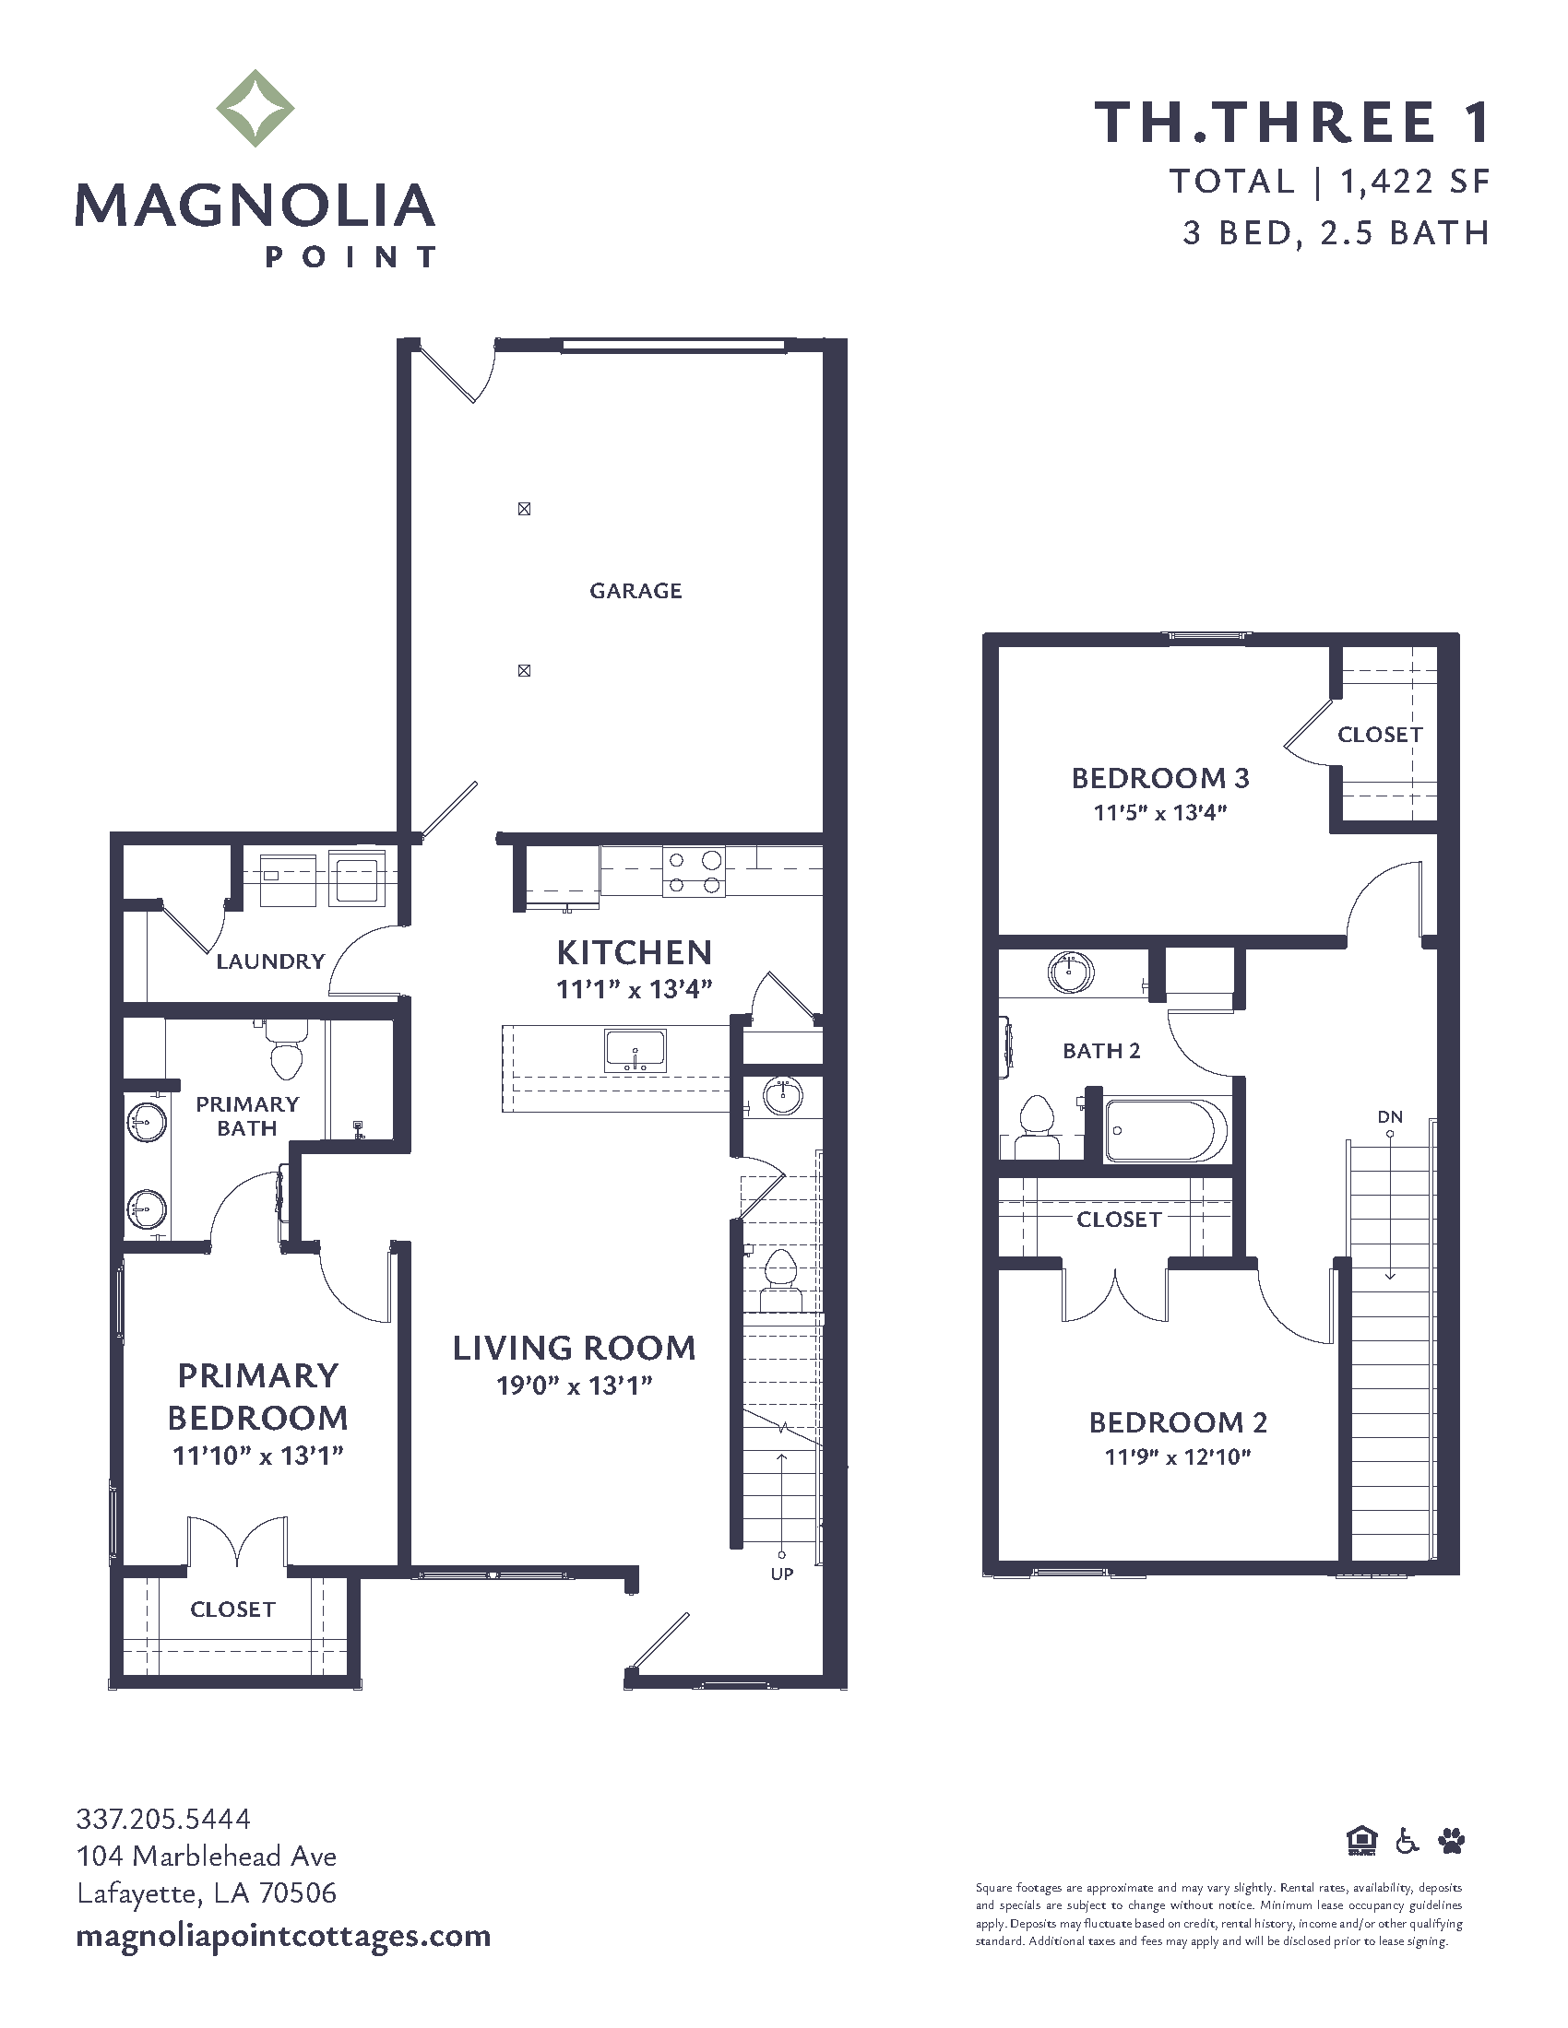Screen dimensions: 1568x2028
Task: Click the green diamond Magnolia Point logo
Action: coord(255,108)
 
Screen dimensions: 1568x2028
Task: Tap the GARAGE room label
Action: coord(636,591)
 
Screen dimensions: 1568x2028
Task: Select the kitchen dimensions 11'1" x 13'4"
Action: coord(635,989)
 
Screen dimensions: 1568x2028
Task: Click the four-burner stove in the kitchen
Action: coord(693,872)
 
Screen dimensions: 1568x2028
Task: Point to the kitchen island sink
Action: coord(636,1050)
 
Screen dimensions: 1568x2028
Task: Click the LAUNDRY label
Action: coord(270,961)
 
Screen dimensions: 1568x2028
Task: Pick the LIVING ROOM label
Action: coord(574,1349)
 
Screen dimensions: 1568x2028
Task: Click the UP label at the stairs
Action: coord(782,1573)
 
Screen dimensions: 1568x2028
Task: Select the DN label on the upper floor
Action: coord(1390,1117)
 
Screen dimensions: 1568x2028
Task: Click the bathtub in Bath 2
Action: coord(1167,1130)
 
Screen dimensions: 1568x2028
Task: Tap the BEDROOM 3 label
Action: coord(1160,778)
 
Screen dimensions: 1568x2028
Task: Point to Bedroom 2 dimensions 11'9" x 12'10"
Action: coord(1178,1456)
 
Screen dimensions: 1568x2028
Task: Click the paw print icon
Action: coord(1451,1841)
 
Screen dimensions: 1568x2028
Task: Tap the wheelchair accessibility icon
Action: coord(1408,1841)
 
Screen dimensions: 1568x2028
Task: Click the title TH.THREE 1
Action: coord(1292,123)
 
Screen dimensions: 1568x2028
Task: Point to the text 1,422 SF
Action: coord(1415,182)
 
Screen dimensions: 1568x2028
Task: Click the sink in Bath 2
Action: coord(1071,972)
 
